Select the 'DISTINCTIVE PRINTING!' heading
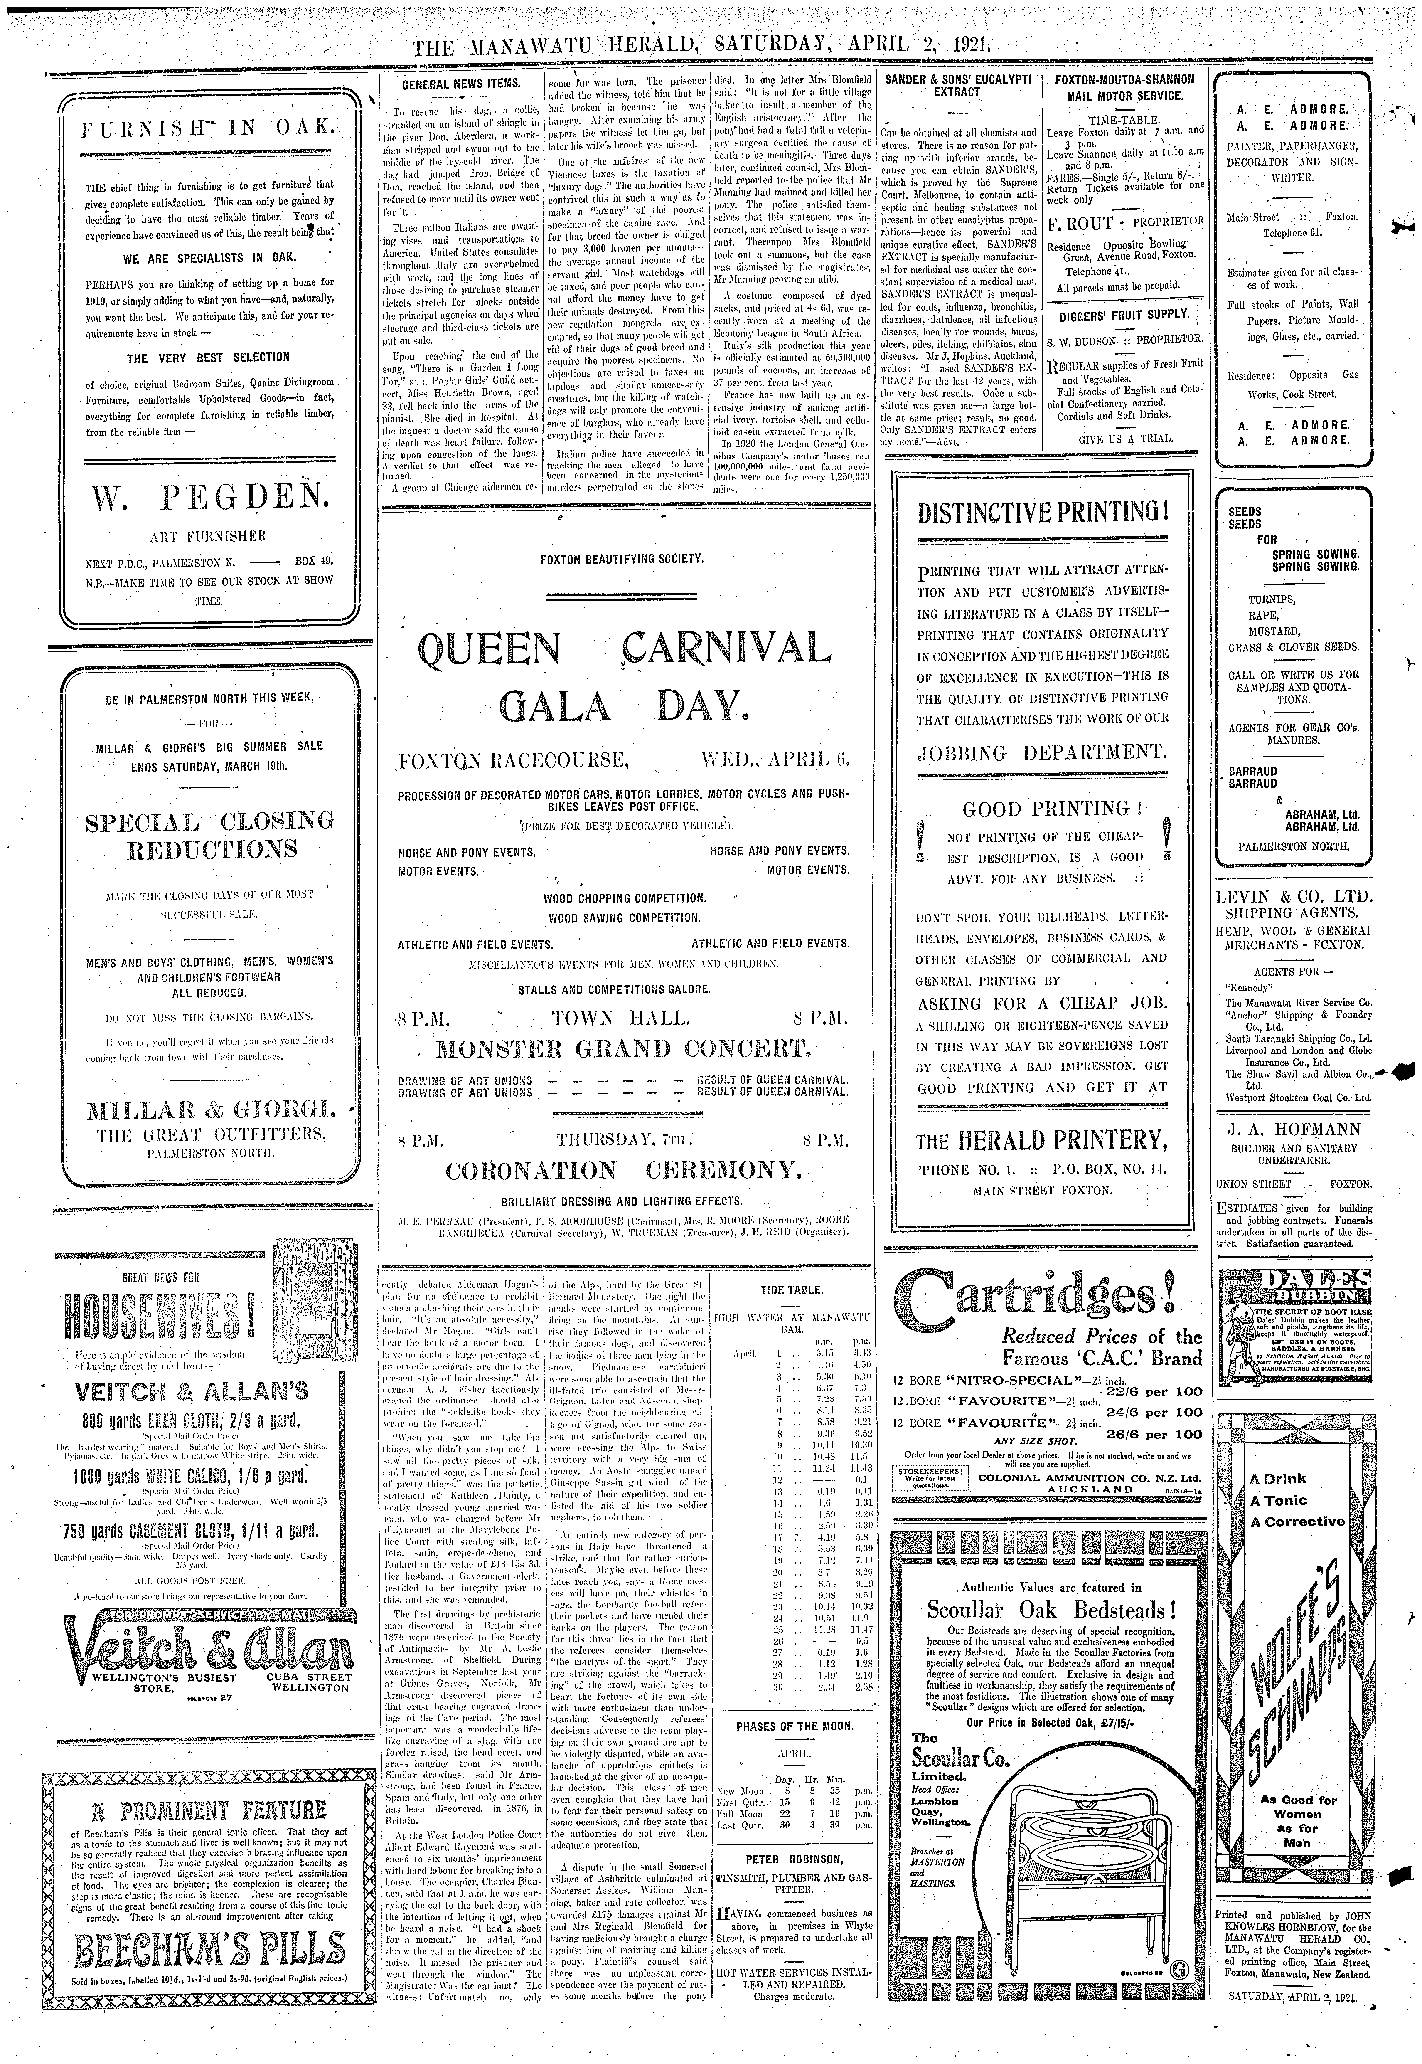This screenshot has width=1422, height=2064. [x=1042, y=513]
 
